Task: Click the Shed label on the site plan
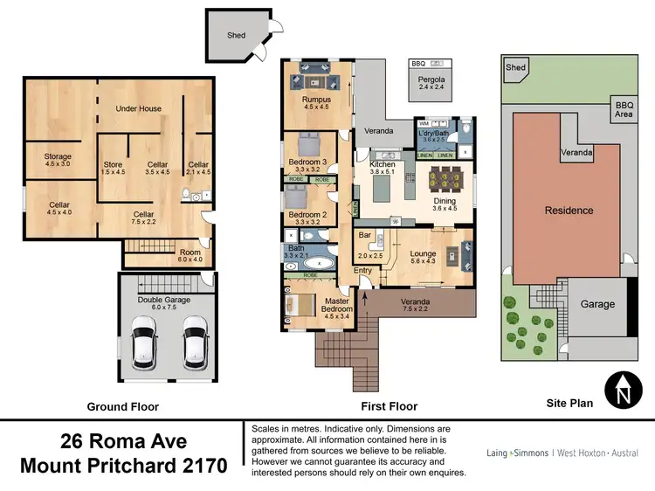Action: [x=516, y=67]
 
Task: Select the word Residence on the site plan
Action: [x=569, y=210]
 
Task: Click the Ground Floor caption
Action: [x=121, y=406]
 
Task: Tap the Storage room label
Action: [x=58, y=157]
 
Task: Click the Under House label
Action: [x=140, y=109]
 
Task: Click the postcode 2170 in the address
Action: [x=203, y=465]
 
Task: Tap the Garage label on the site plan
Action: [x=597, y=304]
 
